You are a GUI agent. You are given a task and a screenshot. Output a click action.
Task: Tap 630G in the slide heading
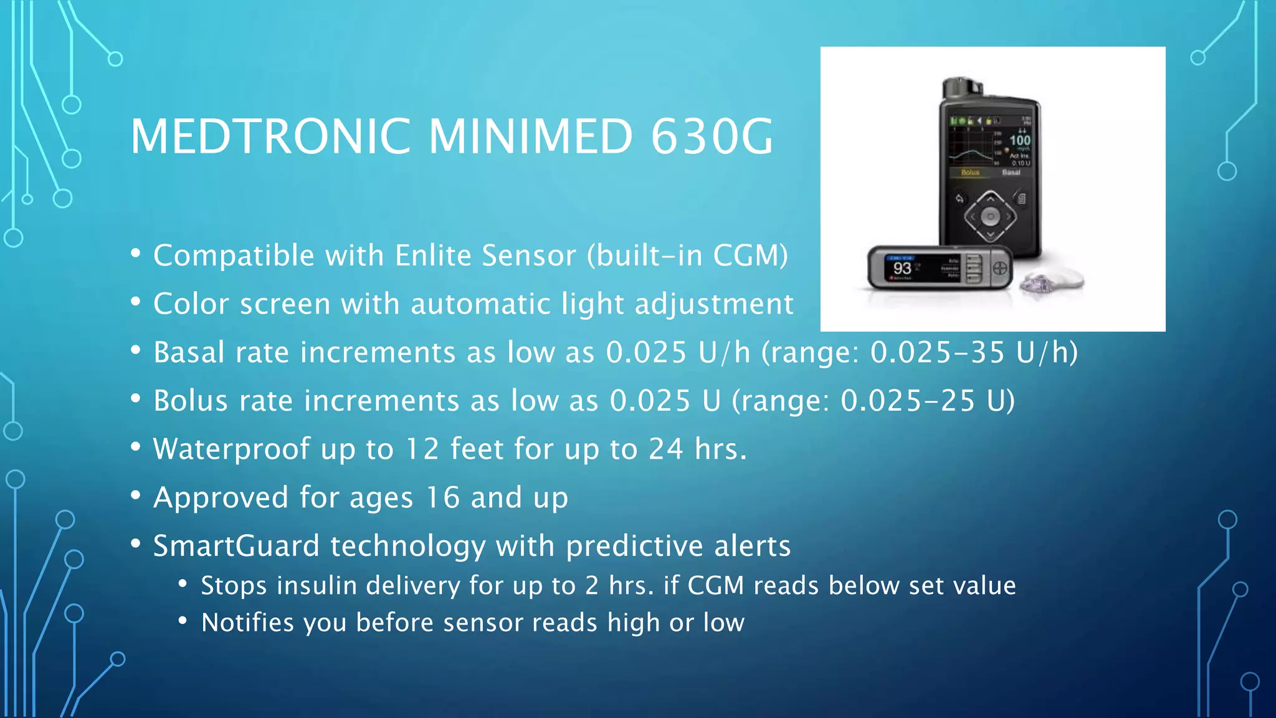712,136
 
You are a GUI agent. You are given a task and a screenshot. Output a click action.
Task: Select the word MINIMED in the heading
530,136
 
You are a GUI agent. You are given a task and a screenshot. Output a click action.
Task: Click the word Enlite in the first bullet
432,256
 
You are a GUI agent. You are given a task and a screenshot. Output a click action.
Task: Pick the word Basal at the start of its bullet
189,352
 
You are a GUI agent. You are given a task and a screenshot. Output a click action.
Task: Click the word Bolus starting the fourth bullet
191,401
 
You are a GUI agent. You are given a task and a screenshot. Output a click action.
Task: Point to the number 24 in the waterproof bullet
665,449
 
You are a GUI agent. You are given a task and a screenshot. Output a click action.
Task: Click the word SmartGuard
236,546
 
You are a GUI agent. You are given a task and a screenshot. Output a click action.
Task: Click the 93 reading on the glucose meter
902,269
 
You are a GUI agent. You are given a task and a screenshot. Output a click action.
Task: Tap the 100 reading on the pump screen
1020,140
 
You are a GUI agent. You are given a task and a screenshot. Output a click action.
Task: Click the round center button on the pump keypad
990,217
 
